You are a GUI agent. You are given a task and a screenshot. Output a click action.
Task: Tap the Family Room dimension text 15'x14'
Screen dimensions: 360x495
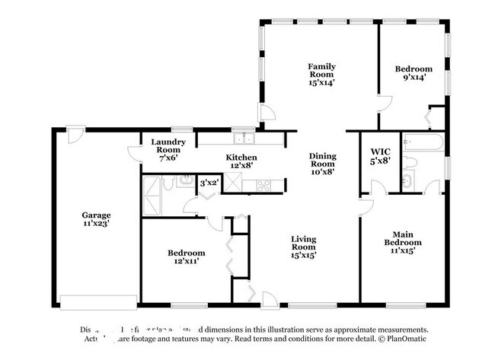tap(321, 83)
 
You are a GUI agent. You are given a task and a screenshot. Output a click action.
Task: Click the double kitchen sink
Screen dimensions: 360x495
tap(244, 138)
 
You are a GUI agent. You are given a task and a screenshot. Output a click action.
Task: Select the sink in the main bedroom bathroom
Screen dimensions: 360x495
tap(407, 181)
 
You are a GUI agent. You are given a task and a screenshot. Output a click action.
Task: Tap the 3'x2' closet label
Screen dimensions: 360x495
tap(208, 183)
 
